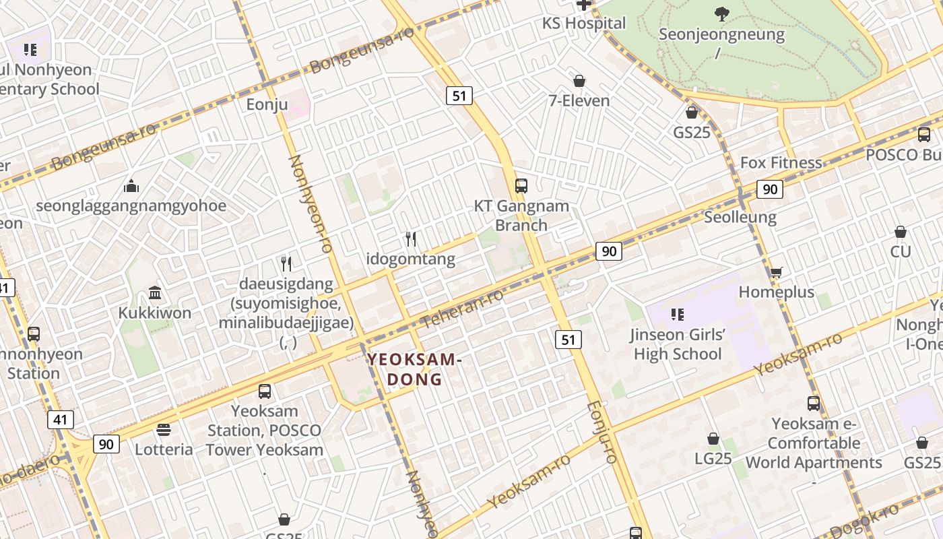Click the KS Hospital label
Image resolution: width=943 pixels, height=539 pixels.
click(x=584, y=23)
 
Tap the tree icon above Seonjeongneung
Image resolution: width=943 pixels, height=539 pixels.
click(x=721, y=13)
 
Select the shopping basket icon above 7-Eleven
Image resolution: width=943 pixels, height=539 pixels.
click(x=579, y=82)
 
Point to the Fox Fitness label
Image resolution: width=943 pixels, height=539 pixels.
click(x=781, y=162)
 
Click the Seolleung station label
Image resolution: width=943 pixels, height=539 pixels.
click(x=740, y=217)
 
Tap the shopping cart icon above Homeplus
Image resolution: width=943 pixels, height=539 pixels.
click(x=776, y=272)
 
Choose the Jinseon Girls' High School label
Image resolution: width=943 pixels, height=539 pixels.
click(x=678, y=344)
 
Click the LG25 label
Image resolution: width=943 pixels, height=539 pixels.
click(x=713, y=458)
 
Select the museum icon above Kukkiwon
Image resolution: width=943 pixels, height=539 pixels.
click(x=155, y=293)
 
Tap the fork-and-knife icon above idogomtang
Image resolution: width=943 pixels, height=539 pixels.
click(x=411, y=239)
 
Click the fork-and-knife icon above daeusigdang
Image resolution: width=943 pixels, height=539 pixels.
click(x=286, y=263)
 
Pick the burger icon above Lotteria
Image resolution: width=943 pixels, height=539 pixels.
click(x=164, y=429)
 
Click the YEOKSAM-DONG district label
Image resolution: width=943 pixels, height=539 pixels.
click(x=414, y=369)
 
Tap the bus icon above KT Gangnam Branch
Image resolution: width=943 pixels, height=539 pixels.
click(x=521, y=186)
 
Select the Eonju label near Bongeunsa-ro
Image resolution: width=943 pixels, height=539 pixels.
click(x=267, y=104)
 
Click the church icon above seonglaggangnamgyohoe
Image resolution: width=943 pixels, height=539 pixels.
click(x=131, y=185)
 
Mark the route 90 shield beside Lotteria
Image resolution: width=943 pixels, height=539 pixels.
click(x=106, y=444)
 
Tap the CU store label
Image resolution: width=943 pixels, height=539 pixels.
click(x=901, y=251)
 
